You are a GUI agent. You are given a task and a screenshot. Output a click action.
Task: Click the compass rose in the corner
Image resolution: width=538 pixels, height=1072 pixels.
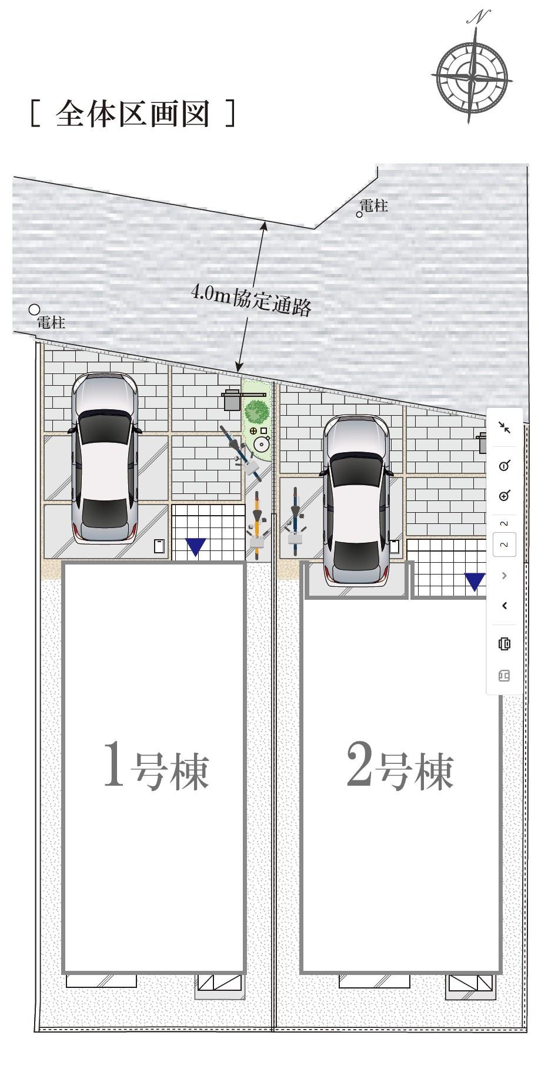(x=472, y=76)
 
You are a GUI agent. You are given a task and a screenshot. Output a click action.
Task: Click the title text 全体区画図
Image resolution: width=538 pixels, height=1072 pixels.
(x=132, y=113)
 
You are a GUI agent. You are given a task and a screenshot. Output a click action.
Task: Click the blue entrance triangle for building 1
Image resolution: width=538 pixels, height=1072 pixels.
(x=196, y=546)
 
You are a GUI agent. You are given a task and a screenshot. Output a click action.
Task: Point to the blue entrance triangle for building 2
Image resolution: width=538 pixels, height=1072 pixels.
(x=475, y=581)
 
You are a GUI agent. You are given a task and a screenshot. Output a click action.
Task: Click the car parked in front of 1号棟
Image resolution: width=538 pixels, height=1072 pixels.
(x=105, y=457)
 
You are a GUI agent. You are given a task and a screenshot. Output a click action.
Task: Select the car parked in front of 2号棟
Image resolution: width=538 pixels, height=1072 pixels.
(x=356, y=500)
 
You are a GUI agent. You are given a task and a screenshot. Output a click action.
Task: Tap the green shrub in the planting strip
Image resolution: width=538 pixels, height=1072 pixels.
(x=256, y=411)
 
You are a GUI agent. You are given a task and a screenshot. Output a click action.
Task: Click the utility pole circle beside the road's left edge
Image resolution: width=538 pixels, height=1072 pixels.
(x=35, y=309)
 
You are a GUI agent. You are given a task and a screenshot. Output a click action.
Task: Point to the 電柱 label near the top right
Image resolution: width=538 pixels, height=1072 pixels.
(x=374, y=205)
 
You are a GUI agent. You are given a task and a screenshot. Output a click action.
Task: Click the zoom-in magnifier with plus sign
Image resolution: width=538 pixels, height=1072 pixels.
(x=504, y=496)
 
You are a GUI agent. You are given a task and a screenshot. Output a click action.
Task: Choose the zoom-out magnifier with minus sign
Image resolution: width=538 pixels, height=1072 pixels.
(x=504, y=466)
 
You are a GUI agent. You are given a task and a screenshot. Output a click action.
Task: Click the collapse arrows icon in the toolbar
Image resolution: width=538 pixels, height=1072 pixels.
(x=504, y=428)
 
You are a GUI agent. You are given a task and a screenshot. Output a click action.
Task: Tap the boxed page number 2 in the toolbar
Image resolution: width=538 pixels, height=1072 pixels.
(x=504, y=545)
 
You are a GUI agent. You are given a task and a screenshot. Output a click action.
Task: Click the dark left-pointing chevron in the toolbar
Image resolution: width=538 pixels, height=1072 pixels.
(x=504, y=606)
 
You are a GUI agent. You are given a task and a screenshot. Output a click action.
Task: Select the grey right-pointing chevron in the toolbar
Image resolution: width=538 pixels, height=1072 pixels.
(x=504, y=576)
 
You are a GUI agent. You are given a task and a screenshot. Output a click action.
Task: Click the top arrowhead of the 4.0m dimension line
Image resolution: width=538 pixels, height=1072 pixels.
(x=265, y=224)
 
